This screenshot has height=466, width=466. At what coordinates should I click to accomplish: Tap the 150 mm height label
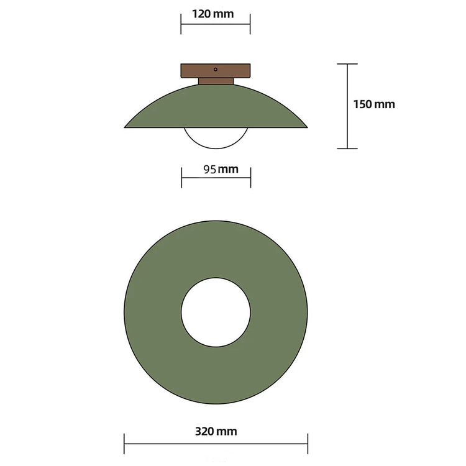[374, 104]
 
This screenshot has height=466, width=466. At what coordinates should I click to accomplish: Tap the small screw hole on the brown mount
[216, 70]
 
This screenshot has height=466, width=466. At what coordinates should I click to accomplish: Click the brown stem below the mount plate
[216, 81]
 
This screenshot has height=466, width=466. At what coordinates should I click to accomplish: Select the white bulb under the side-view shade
[216, 138]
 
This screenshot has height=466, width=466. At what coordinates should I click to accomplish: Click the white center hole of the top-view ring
[216, 313]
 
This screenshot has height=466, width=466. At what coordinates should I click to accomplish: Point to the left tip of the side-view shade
[126, 127]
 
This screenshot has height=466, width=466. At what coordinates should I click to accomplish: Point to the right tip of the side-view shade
[306, 127]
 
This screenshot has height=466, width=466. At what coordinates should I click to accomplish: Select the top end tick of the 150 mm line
[347, 64]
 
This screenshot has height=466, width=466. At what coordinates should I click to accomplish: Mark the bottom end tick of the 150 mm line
[347, 148]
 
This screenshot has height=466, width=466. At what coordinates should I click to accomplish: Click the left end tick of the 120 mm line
[181, 25]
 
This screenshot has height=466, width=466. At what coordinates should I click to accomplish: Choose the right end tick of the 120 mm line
[250, 25]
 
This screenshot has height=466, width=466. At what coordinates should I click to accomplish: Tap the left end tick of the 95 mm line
[181, 178]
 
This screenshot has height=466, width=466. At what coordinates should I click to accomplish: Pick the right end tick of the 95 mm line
[250, 178]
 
